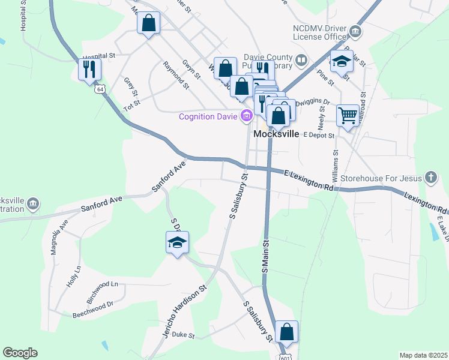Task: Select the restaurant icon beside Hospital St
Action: [89, 68]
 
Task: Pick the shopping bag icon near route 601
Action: [287, 332]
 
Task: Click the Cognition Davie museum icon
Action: [245, 116]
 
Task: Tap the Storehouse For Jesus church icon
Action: [430, 178]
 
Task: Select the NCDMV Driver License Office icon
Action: [355, 31]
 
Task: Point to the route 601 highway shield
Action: [282, 356]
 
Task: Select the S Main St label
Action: [264, 254]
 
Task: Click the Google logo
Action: [20, 353]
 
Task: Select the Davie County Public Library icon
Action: [301, 59]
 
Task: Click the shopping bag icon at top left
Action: [149, 23]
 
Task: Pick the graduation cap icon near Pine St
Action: [342, 61]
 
